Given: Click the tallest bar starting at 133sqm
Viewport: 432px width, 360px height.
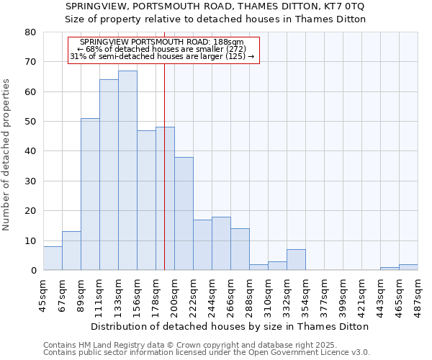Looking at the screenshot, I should [127, 171].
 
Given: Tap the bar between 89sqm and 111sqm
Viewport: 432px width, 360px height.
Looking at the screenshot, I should [90, 194].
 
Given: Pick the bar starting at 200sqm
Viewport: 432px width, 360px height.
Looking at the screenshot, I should [184, 214].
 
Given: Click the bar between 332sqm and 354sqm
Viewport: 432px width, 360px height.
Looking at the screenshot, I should [296, 260].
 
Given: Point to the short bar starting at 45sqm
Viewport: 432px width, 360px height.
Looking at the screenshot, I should [53, 258].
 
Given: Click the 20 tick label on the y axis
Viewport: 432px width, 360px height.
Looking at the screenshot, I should [30, 211].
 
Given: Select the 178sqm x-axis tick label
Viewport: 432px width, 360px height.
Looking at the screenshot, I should [156, 294].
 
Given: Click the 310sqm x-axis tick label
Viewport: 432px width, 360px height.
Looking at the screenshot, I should [268, 294].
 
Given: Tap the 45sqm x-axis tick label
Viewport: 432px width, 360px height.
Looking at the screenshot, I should [43, 294].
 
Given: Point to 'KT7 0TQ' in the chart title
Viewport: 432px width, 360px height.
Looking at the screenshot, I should [344, 6].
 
